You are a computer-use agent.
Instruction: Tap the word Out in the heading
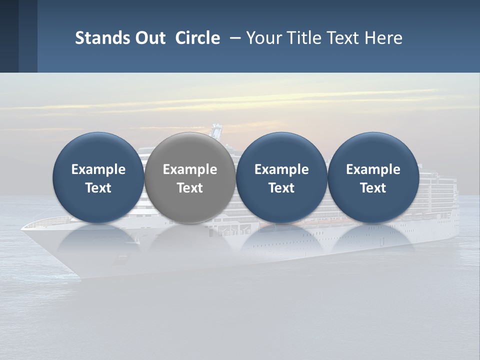(149, 38)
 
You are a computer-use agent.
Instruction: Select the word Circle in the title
(197, 38)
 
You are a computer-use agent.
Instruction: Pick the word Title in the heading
(304, 38)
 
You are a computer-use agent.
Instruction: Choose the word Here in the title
(383, 38)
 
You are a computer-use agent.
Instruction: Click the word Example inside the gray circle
(190, 169)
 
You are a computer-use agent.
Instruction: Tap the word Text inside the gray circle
(190, 188)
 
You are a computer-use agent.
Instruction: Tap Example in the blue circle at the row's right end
(373, 169)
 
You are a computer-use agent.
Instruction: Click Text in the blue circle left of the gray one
(98, 188)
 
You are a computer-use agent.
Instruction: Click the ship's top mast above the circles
(216, 129)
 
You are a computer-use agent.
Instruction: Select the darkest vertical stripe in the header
(9, 36)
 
